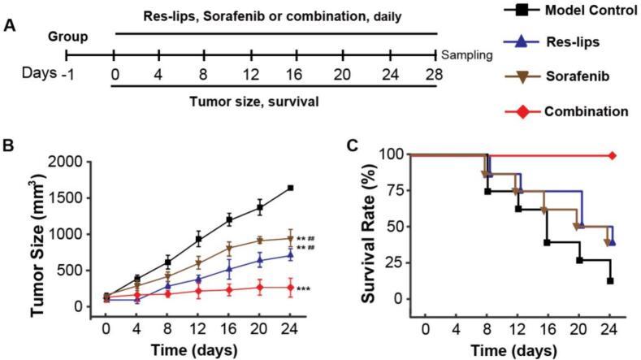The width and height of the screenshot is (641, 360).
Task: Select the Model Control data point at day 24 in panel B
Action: (290, 188)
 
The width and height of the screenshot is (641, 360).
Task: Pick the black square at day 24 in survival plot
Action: (609, 280)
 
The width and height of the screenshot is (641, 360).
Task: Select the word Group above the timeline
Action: (67, 37)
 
